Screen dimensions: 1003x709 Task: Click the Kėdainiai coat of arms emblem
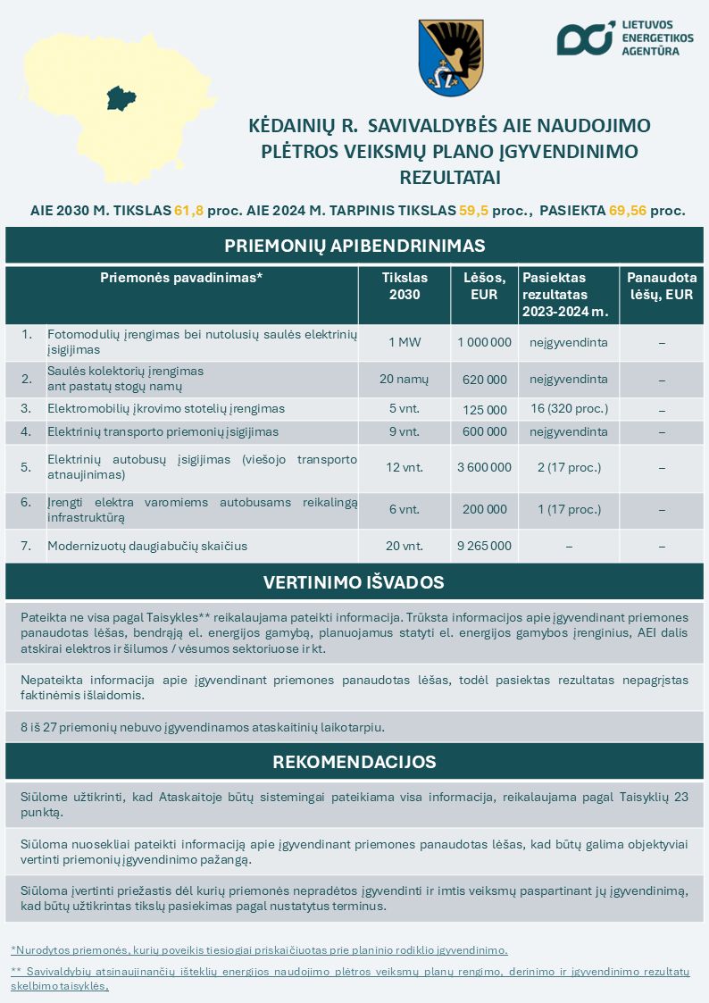click(x=451, y=58)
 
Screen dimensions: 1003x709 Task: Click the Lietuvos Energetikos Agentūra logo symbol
click(x=585, y=38)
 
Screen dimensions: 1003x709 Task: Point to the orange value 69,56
click(x=629, y=212)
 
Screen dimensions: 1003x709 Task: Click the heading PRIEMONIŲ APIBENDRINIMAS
click(x=354, y=246)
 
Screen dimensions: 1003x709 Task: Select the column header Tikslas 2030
click(x=405, y=286)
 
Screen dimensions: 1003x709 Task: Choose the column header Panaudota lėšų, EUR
click(x=662, y=286)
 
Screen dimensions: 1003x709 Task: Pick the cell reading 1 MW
click(x=405, y=342)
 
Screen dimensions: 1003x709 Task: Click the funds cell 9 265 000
click(x=484, y=546)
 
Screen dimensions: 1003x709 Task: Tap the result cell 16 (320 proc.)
click(x=569, y=409)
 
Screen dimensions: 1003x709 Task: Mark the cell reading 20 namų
click(x=405, y=380)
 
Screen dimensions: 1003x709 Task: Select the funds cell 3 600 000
click(x=484, y=467)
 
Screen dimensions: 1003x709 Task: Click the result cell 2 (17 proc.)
click(x=569, y=467)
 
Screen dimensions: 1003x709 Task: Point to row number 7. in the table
click(x=26, y=546)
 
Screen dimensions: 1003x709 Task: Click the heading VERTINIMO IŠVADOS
click(x=354, y=583)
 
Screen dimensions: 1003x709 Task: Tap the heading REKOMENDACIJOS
click(x=354, y=762)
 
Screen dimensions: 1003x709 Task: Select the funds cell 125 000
click(x=484, y=409)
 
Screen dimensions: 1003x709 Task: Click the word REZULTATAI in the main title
click(x=450, y=177)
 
